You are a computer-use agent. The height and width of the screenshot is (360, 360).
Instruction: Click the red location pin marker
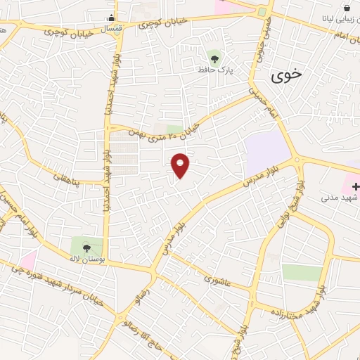point(181,165)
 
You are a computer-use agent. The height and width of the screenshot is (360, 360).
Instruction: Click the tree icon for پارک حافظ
point(214,58)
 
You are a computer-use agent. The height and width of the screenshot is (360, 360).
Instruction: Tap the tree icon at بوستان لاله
point(86,247)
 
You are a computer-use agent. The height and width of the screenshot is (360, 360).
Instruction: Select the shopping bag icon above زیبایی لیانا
point(347,8)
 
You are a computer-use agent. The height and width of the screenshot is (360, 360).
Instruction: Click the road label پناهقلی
point(67,182)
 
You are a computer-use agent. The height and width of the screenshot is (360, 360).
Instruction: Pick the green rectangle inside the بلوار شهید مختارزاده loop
point(302,273)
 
